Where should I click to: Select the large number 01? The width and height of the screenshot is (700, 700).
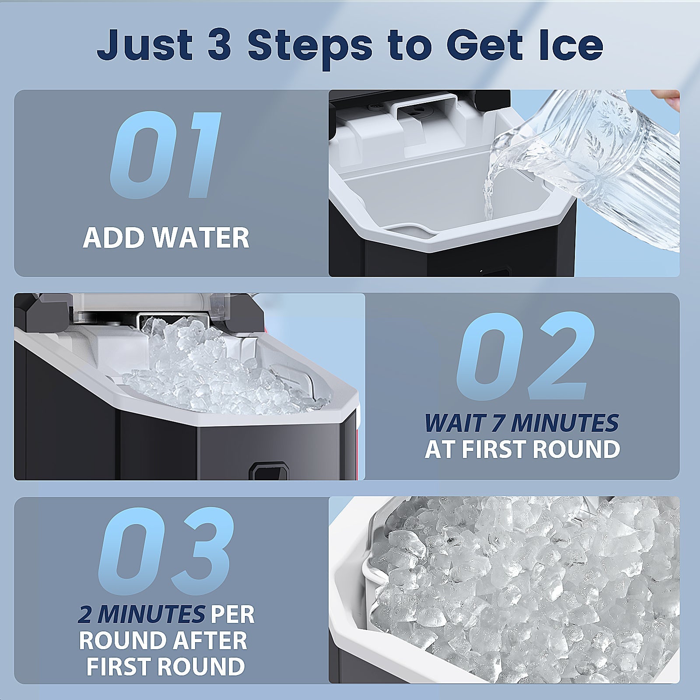click(x=165, y=154)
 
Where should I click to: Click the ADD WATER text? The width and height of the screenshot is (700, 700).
click(x=166, y=238)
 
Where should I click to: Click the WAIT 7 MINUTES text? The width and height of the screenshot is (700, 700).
click(x=521, y=423)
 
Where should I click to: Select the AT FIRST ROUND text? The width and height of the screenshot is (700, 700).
click(x=522, y=449)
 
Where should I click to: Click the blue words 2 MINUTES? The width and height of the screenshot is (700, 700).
click(x=141, y=615)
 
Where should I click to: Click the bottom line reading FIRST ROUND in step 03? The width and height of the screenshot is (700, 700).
click(x=165, y=666)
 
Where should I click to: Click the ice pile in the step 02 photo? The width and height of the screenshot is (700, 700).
click(x=210, y=372)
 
